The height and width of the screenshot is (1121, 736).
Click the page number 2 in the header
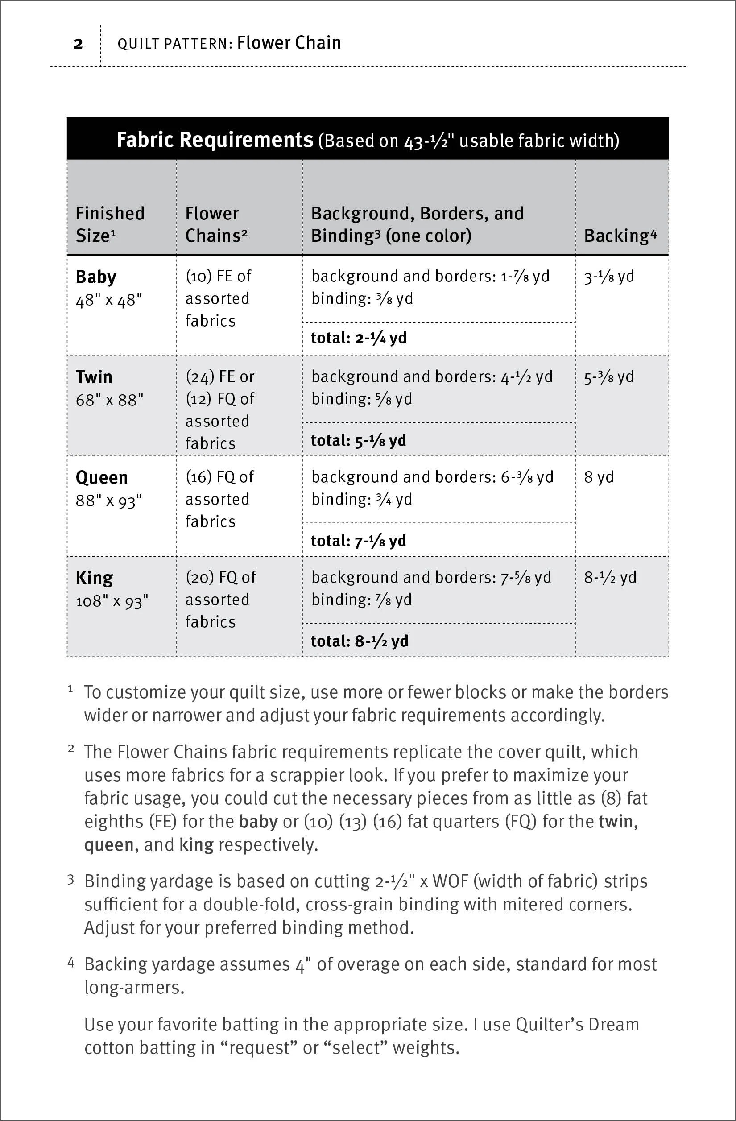pos(78,44)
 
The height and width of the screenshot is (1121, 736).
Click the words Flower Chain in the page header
pos(289,43)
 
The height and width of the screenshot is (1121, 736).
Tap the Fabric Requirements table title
pos(215,140)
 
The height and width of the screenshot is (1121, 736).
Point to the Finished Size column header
pos(110,224)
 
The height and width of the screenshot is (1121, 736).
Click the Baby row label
pos(95,277)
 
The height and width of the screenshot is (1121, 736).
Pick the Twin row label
pos(94,377)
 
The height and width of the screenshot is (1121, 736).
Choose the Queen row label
pos(102,478)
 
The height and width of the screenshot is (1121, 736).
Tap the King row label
pos(94,578)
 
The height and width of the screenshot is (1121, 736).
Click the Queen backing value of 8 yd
pos(599,477)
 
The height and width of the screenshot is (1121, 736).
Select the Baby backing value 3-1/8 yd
pos(609,277)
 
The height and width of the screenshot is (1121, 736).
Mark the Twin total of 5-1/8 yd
pos(358,440)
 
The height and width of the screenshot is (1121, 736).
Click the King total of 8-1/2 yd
pos(359,641)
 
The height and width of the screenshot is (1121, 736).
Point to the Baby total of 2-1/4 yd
pos(359,338)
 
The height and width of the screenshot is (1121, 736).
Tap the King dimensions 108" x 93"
pos(112,601)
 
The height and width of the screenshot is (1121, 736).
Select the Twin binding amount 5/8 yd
pos(395,399)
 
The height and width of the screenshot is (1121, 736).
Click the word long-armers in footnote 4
pos(134,987)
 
